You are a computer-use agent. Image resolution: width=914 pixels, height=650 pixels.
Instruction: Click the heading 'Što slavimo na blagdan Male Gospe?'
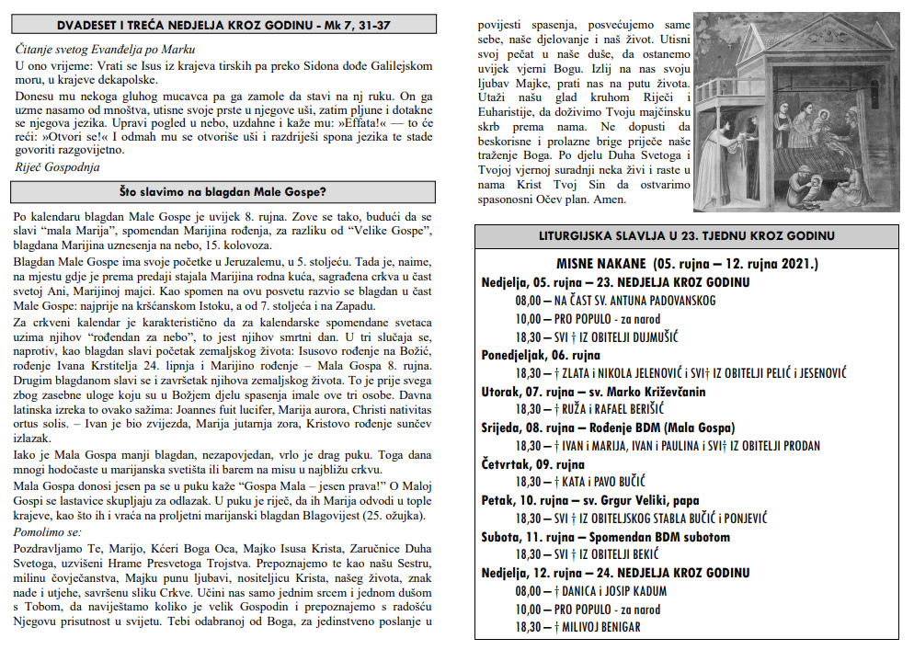pos(223,192)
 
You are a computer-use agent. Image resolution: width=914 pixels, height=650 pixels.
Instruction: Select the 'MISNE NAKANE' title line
pos(687,264)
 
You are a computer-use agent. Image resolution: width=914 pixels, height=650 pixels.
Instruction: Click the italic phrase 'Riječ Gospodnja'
pos(58,166)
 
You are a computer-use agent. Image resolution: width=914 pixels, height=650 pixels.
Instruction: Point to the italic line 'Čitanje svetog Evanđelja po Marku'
pos(106,49)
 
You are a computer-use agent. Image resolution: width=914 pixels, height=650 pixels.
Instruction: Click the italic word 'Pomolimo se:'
pos(48,532)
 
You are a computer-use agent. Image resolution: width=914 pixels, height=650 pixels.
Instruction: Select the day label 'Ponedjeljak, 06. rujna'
pos(541,354)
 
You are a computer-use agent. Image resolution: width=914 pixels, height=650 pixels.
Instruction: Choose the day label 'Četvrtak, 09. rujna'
pos(532,463)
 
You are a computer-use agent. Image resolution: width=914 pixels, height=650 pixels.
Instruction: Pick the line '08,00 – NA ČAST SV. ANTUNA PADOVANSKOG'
pos(616,300)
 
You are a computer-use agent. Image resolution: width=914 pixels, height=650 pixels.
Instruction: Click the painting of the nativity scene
pos(798,110)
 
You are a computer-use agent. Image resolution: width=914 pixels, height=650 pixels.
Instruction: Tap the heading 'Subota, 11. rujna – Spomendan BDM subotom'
pos(605,537)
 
